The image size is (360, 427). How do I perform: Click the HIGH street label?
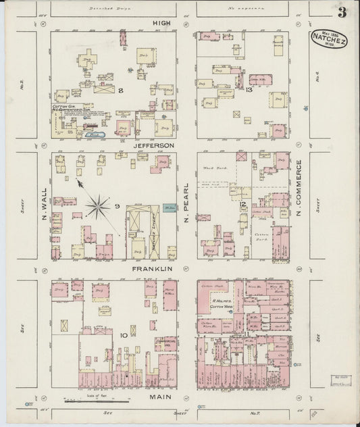pos(162,23)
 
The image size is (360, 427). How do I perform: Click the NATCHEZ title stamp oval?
pos(329,40)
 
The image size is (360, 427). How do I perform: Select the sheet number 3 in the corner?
pos(342,12)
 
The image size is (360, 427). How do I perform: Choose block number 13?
pos(249,90)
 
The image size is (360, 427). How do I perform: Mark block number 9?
pos(117,206)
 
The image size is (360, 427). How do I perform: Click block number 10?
pos(124,335)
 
